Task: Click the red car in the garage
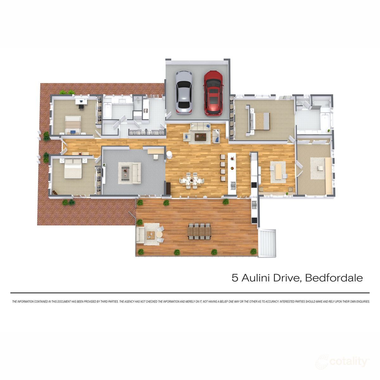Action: pos(214,93)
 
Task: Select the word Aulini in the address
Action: pos(256,278)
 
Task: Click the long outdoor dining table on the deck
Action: pos(199,231)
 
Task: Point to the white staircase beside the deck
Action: pos(268,243)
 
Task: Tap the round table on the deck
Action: pos(159,235)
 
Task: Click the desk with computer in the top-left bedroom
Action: pos(81,102)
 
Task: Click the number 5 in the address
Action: pos(235,278)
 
